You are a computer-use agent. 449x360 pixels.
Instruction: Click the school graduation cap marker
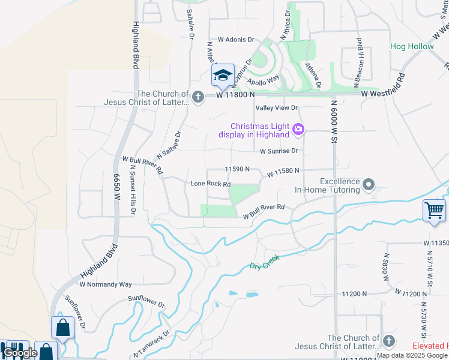click(x=223, y=75)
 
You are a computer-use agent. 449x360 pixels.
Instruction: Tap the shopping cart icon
click(x=434, y=211)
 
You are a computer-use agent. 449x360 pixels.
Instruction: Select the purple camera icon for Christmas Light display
click(x=298, y=129)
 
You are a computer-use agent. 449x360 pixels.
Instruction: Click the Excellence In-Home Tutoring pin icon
click(x=369, y=184)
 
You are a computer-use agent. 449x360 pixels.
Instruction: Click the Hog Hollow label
click(x=412, y=46)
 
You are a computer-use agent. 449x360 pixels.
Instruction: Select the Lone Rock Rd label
click(x=210, y=184)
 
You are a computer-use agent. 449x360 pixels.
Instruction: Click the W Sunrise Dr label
click(x=279, y=151)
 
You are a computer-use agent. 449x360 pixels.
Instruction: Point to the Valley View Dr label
click(x=277, y=108)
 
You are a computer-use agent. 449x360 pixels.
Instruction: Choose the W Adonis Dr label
click(x=237, y=40)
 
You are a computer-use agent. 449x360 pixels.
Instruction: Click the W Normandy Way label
click(x=105, y=284)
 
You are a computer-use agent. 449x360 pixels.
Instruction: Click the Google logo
click(x=20, y=353)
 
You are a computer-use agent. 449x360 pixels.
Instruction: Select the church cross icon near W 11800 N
click(x=199, y=96)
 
